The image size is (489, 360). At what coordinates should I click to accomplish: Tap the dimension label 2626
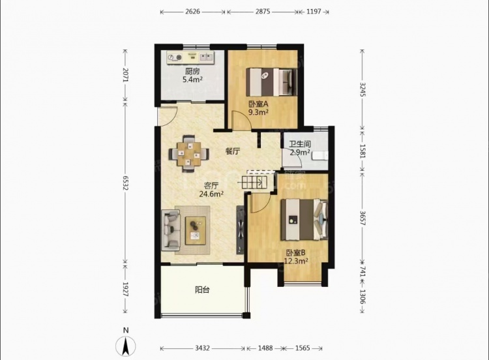click(192, 12)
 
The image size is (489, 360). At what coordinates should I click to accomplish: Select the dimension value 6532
click(125, 183)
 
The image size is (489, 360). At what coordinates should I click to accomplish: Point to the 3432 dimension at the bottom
click(202, 348)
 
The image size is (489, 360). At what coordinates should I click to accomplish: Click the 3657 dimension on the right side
click(363, 218)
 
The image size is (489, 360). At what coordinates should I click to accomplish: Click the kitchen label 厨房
click(192, 72)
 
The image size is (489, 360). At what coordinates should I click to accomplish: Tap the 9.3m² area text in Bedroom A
click(259, 112)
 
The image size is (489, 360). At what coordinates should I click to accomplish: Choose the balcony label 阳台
click(202, 290)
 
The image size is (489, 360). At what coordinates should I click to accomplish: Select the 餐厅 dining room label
click(233, 151)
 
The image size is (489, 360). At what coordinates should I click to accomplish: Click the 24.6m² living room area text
click(211, 194)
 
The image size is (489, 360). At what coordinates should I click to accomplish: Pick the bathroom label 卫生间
click(300, 144)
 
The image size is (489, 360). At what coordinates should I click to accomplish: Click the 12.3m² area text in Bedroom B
click(296, 261)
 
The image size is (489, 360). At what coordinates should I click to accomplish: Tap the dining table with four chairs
click(189, 153)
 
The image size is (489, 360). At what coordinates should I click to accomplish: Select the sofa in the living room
click(171, 230)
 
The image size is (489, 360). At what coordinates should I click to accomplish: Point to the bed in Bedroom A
click(271, 82)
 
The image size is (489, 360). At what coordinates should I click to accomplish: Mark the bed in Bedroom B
click(304, 220)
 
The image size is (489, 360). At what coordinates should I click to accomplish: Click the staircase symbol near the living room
click(254, 182)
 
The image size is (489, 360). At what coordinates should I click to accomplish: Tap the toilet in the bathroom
click(319, 155)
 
